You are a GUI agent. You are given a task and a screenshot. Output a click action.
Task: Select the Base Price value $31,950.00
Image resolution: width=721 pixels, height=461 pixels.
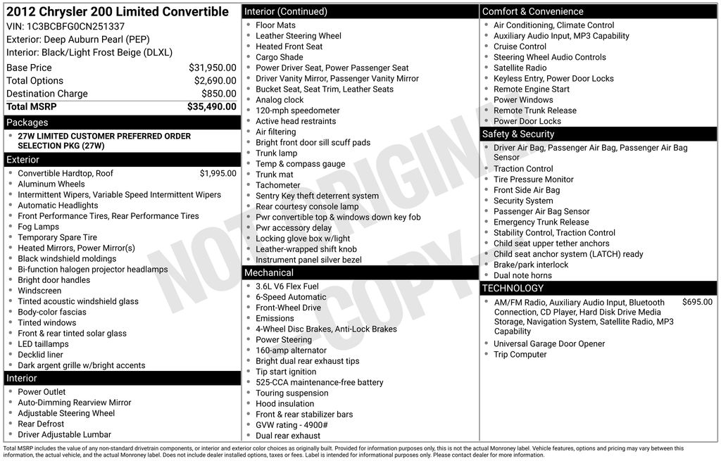pos(212,68)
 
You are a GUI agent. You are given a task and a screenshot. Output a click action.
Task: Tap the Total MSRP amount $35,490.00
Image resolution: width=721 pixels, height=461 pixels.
pos(211,106)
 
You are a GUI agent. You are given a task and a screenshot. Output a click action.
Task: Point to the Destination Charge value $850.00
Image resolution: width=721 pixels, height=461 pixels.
pos(218,94)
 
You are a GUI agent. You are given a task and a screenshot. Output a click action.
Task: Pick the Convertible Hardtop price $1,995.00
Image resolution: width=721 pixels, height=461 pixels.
pos(218,173)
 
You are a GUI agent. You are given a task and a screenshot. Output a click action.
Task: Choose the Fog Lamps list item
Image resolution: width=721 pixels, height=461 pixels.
pos(39,227)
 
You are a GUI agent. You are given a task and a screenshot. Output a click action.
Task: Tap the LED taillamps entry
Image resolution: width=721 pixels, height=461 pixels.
pos(44,344)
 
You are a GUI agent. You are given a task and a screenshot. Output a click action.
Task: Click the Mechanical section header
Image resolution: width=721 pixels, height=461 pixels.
pos(268,272)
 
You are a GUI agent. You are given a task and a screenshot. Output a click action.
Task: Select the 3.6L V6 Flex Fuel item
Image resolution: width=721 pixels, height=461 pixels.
pos(287,286)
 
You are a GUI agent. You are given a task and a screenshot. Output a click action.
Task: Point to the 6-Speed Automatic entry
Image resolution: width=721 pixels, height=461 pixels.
pos(291,297)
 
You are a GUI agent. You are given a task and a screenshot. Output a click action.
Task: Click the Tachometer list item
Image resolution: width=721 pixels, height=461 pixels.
pos(278,185)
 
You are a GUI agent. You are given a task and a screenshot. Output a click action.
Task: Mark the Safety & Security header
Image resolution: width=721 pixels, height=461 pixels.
pos(518,134)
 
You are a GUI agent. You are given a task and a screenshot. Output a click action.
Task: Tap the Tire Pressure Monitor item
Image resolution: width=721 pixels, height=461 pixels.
pos(534,179)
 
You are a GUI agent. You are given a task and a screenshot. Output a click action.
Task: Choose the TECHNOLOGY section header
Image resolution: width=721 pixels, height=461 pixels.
pos(513,288)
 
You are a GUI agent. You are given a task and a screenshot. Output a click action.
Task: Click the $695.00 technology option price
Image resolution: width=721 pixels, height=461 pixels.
pos(697,302)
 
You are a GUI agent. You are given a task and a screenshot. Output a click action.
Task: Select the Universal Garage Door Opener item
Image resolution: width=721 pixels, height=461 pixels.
pos(549,344)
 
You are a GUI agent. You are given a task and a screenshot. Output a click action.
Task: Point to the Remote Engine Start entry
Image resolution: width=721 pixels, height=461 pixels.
pos(532,89)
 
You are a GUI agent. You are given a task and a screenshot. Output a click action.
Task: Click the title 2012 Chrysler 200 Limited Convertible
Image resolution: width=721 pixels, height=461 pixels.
pos(118,12)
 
